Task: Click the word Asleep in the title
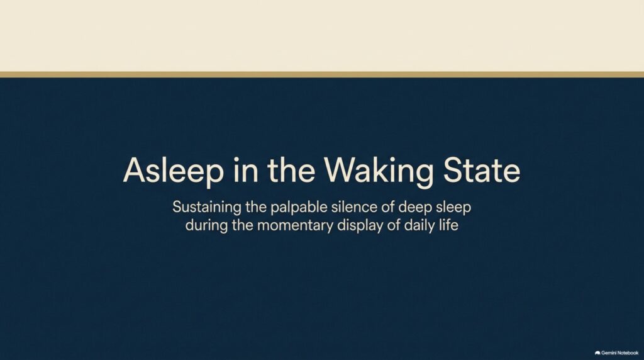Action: tap(174, 171)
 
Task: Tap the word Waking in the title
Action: tap(378, 171)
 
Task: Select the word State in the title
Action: tap(482, 170)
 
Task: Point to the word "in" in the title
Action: tap(246, 170)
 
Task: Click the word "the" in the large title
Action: tap(291, 170)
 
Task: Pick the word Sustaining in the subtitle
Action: tap(206, 207)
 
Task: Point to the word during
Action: tap(206, 225)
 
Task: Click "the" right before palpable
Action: tap(255, 206)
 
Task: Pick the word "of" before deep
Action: tap(388, 206)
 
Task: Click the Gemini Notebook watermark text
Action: tap(619, 352)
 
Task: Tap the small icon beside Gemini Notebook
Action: tap(597, 352)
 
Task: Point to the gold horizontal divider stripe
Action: tap(322, 75)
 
